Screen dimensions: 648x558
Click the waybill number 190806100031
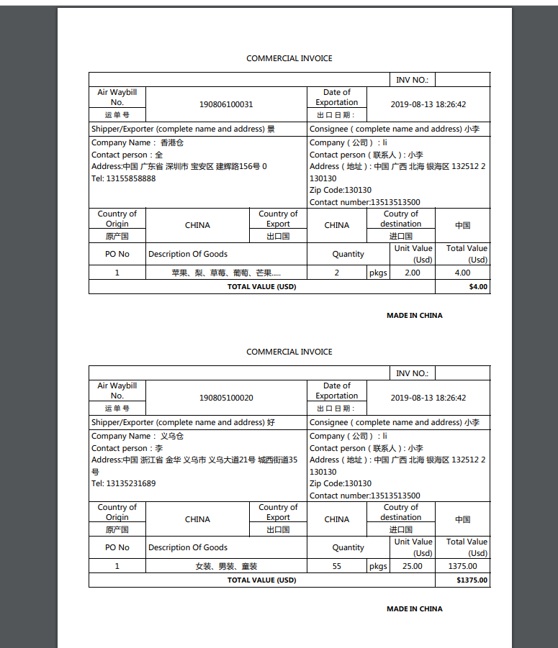point(226,104)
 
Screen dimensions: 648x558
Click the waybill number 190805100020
point(226,398)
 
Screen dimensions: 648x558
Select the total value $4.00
point(478,286)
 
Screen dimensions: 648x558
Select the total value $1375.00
point(472,580)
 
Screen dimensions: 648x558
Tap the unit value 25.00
point(412,566)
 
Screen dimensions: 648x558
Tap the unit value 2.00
point(412,273)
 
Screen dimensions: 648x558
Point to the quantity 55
point(336,566)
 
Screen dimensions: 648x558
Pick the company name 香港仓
point(171,142)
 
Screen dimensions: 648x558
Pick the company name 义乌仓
point(171,436)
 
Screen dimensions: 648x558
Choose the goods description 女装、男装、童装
point(226,566)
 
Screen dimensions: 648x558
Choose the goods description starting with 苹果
point(226,273)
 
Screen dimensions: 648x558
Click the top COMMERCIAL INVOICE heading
point(289,58)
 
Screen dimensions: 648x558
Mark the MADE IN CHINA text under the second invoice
point(414,608)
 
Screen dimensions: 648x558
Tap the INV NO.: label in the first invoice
point(412,80)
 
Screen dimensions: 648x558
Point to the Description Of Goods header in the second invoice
point(188,547)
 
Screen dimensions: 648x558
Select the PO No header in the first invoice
point(117,254)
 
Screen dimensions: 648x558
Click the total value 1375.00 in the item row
point(462,566)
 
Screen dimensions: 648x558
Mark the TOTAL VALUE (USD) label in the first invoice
point(261,286)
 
